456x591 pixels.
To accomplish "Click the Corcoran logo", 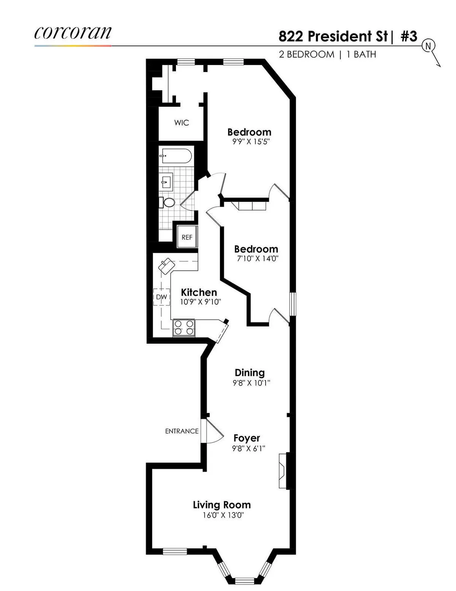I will (73, 33).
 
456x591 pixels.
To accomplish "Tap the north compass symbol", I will (429, 46).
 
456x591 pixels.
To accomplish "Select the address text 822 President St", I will (333, 37).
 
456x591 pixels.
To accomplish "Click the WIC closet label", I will (181, 123).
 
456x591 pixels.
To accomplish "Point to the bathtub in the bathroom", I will (176, 156).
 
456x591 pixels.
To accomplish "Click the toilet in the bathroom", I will (168, 202).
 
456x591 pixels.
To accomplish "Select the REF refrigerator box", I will (187, 237).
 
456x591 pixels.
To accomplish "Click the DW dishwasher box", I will (161, 297).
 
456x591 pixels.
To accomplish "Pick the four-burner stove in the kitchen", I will (184, 328).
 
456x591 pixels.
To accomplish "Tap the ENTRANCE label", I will (182, 431).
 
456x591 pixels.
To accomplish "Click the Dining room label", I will (250, 373).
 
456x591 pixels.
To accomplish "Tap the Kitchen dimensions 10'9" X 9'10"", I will (201, 302).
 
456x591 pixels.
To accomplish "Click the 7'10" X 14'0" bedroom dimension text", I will (258, 259).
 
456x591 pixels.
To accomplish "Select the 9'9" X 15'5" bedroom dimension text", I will (251, 142).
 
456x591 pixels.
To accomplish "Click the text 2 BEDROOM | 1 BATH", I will (328, 54).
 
